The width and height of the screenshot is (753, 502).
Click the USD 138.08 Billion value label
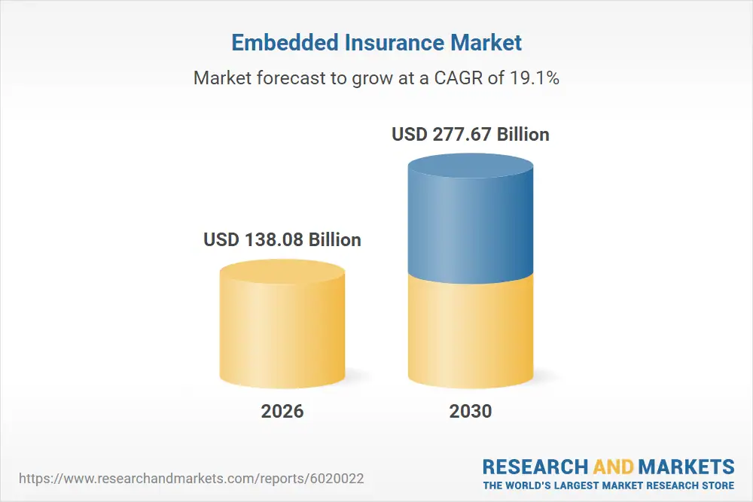[282, 240]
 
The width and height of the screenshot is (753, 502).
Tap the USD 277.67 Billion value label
[471, 135]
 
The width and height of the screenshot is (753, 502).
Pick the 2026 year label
[282, 411]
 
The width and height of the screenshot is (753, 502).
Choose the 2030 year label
[471, 411]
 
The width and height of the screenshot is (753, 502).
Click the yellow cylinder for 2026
[282, 331]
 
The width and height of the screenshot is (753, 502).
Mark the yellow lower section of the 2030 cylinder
[471, 331]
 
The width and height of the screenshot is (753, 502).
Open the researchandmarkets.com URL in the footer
[194, 479]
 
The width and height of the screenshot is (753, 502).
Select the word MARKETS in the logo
[687, 466]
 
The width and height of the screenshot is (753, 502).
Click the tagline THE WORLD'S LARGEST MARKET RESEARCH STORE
[608, 485]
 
